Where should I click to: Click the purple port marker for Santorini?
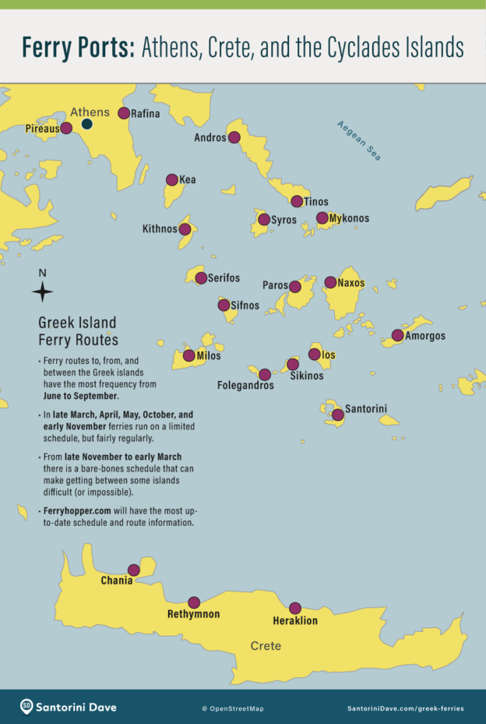(337, 415)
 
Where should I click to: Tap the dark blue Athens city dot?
(87, 124)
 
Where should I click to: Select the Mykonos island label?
(349, 218)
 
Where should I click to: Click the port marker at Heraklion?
(294, 609)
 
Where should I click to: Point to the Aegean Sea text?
(360, 140)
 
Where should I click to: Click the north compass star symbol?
(43, 292)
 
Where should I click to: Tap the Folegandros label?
(245, 385)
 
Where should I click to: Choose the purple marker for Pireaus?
(67, 128)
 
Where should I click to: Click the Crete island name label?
(266, 646)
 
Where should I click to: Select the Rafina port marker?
(124, 113)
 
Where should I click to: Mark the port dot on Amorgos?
(397, 336)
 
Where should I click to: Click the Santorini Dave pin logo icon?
(26, 707)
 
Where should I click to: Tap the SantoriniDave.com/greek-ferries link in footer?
(405, 708)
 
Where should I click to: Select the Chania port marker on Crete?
(134, 570)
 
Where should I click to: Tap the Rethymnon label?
(193, 614)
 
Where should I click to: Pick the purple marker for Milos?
(189, 356)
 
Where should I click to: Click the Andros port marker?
(234, 138)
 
